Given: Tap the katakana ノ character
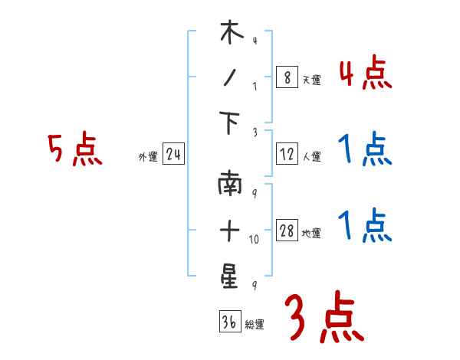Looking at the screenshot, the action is pyautogui.click(x=230, y=80).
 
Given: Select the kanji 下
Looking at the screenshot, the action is pyautogui.click(x=231, y=124).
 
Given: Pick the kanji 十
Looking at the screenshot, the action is pyautogui.click(x=230, y=231).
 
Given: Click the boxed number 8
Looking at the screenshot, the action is pyautogui.click(x=287, y=78).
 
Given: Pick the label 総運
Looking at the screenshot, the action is pyautogui.click(x=255, y=325).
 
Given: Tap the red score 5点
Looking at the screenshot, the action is pyautogui.click(x=74, y=150).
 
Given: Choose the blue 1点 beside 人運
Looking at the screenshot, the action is pyautogui.click(x=364, y=150).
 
